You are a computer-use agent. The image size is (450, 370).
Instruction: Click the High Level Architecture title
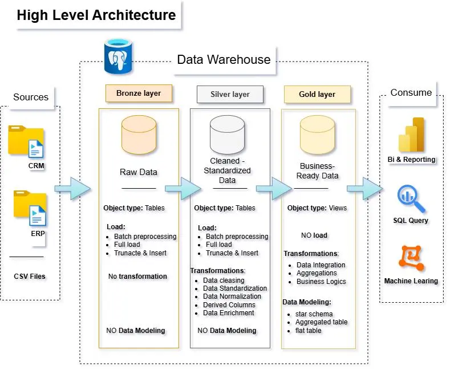coord(96,15)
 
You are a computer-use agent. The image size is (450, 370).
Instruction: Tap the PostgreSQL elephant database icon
coord(118,56)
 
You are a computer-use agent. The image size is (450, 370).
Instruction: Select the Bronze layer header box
coord(139,93)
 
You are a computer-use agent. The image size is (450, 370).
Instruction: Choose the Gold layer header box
coord(317,95)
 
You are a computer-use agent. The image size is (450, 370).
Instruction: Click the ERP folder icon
coord(30,209)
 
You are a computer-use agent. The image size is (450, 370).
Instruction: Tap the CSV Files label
coord(30,277)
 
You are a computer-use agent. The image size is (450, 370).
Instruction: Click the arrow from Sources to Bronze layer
coord(72,188)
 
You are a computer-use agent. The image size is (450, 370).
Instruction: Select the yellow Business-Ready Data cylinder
coord(317,135)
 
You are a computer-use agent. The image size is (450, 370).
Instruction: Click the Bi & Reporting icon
coord(411,135)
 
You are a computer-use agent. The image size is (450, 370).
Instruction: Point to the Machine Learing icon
coord(411,258)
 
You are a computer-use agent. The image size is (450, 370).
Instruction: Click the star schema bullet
coord(314,314)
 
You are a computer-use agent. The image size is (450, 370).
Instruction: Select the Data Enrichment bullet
coord(228,313)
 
